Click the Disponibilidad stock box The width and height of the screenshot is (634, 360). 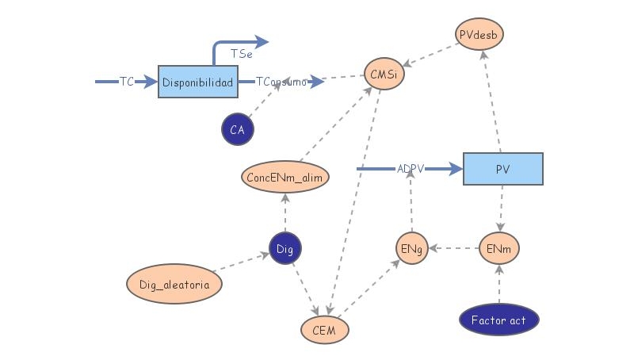(x=197, y=82)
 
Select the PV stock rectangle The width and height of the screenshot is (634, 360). (x=503, y=169)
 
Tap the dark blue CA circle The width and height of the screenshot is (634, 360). (x=238, y=129)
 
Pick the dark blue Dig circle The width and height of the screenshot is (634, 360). (x=285, y=248)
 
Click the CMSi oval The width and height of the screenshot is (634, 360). (x=384, y=74)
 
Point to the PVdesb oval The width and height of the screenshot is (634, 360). (x=479, y=34)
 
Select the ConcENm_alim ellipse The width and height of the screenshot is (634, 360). (x=285, y=177)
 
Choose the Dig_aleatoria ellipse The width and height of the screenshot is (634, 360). (x=174, y=284)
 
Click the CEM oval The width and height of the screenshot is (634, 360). (x=325, y=330)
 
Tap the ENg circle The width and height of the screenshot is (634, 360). (x=411, y=248)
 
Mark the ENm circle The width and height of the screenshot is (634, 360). (x=499, y=248)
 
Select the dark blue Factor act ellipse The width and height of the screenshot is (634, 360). (x=499, y=320)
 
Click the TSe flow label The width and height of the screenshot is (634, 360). (x=242, y=54)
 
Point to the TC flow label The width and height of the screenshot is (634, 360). (x=127, y=82)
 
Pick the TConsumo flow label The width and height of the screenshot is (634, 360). (x=281, y=82)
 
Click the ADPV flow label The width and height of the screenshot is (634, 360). (x=411, y=169)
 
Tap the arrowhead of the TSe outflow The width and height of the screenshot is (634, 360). (x=262, y=42)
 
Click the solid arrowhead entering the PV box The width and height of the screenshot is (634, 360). (x=456, y=169)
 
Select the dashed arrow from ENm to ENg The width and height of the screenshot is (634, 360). (x=453, y=248)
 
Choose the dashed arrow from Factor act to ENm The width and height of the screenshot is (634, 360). (x=499, y=284)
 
